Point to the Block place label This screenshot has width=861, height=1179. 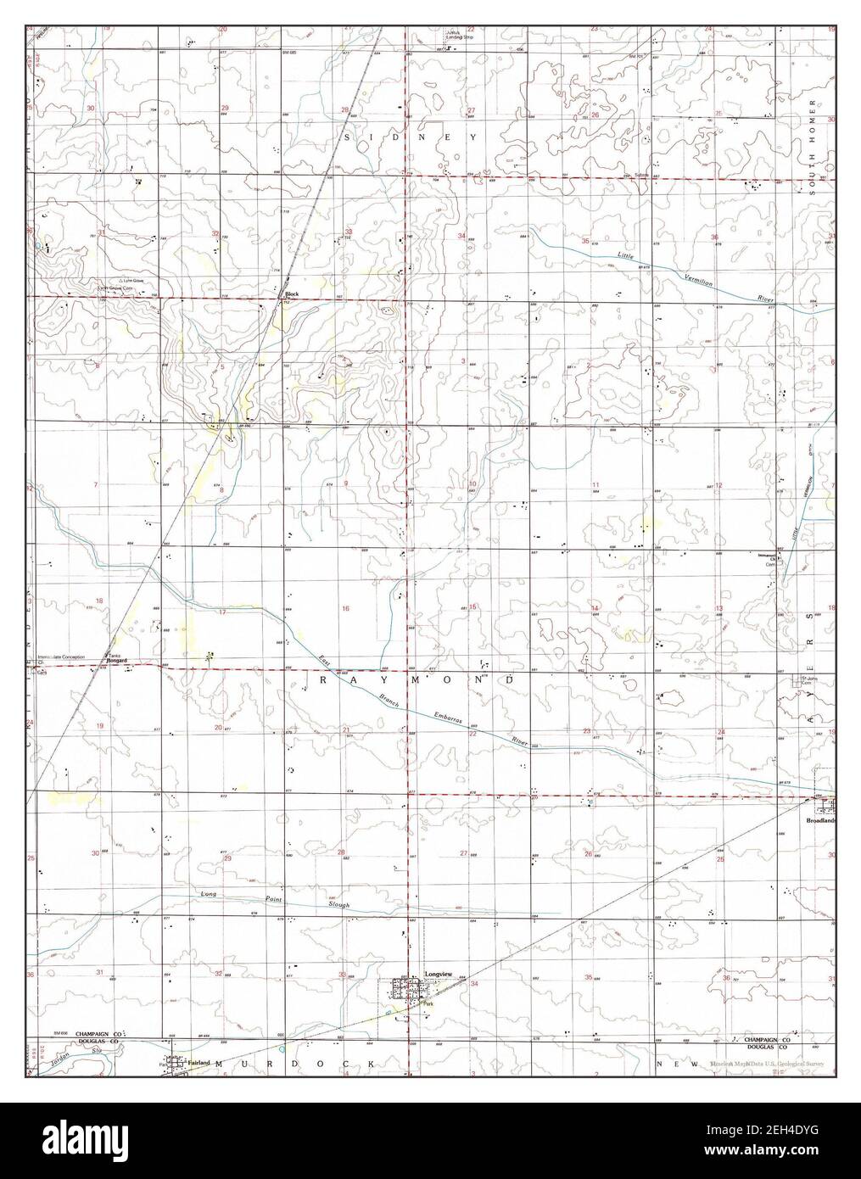292,293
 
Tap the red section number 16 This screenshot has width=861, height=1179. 345,608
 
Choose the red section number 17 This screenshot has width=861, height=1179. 222,612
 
